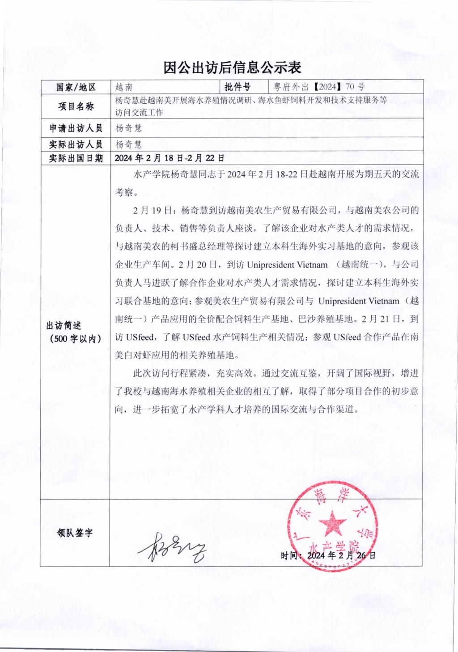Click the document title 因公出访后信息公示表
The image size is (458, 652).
(232, 68)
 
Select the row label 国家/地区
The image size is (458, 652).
(76, 87)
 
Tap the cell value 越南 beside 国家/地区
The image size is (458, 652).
(123, 87)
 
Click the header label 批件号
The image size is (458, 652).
(237, 87)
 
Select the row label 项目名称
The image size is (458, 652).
(76, 106)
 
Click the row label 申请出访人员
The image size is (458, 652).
(76, 128)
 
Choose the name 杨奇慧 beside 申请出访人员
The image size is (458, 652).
(129, 128)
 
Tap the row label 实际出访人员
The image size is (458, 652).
(76, 144)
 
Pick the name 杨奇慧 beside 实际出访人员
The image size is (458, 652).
(129, 144)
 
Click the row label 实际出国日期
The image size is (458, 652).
(76, 158)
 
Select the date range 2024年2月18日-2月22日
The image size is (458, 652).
(170, 158)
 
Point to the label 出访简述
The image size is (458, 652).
(64, 326)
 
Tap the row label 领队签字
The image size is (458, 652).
(75, 533)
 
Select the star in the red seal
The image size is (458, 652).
(332, 523)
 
